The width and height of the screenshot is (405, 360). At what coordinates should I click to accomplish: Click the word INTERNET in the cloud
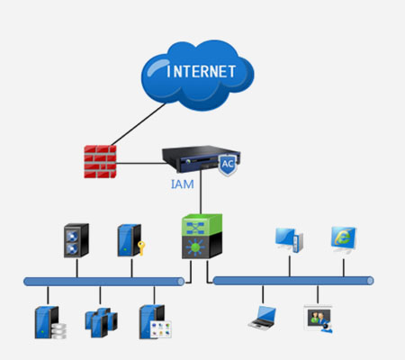(x=201, y=71)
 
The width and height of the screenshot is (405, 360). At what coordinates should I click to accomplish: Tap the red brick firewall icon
(x=100, y=162)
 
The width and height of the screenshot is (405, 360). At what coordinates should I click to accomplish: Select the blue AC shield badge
(x=228, y=165)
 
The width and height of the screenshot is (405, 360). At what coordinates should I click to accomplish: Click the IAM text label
(x=183, y=184)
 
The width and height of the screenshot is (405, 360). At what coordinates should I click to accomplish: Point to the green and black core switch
(x=202, y=236)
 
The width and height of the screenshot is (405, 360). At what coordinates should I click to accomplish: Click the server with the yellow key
(x=130, y=240)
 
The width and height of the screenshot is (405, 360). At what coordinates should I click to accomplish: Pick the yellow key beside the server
(x=141, y=247)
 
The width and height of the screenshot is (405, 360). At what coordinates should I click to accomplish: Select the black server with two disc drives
(x=76, y=240)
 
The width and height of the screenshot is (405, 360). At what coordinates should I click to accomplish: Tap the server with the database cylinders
(x=50, y=322)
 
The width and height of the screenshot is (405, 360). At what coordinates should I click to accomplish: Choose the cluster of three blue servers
(x=101, y=322)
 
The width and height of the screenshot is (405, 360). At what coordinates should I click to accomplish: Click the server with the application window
(x=155, y=322)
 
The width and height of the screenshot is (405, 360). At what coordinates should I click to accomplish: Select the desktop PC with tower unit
(x=289, y=240)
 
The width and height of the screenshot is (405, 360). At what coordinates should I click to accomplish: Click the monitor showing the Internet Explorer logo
(x=344, y=239)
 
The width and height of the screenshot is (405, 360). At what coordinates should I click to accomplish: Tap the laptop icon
(x=262, y=318)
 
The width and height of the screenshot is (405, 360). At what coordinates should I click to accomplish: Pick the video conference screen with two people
(x=319, y=319)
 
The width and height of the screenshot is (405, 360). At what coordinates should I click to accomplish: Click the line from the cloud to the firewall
(x=139, y=124)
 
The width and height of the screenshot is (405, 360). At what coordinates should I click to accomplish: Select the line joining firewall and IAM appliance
(x=140, y=164)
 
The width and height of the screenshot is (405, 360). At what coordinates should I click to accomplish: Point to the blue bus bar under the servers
(x=103, y=282)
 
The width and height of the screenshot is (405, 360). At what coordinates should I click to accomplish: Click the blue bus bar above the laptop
(x=293, y=281)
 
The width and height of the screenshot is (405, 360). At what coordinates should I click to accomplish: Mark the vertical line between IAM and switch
(x=201, y=193)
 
